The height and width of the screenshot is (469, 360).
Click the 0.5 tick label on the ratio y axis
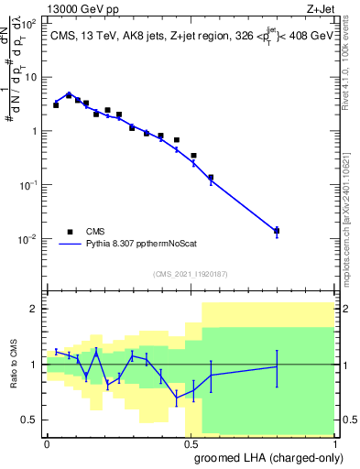point(30,420)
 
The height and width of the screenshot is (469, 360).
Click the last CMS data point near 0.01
point(277,231)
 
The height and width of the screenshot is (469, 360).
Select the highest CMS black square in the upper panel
point(69,94)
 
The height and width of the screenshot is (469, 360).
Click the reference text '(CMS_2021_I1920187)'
point(191,274)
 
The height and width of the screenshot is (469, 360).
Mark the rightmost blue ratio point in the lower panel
point(277,366)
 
